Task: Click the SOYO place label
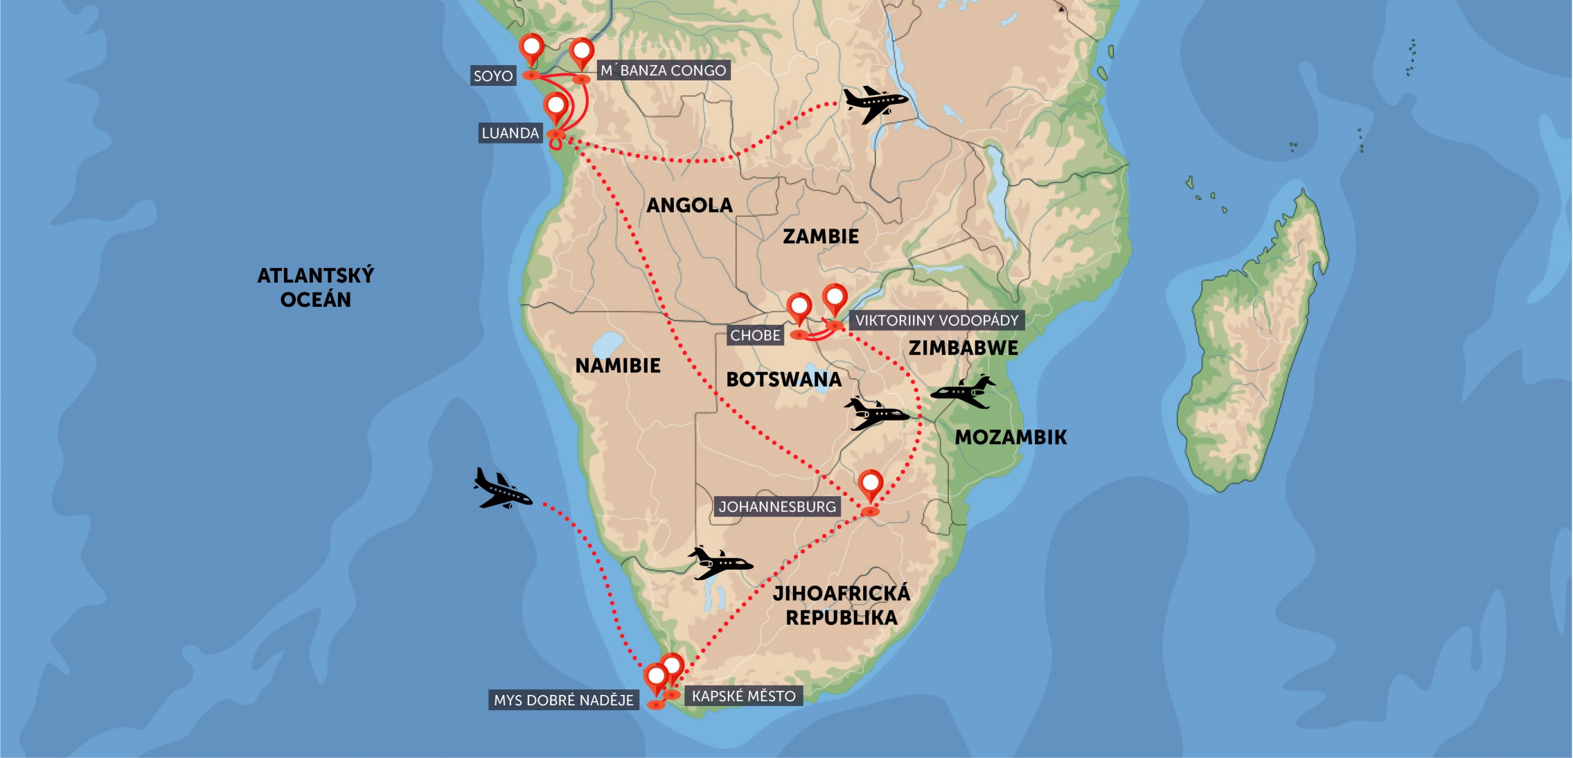[492, 76]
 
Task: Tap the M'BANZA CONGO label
[663, 70]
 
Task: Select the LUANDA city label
[510, 133]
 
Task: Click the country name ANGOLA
[689, 205]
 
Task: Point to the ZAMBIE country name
[820, 236]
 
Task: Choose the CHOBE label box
[755, 335]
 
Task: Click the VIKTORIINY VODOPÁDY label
[936, 320]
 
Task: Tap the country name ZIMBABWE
[963, 348]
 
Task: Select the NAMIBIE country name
[618, 365]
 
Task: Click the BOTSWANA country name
[783, 379]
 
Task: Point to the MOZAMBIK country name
[1011, 437]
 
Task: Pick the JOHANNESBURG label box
[777, 506]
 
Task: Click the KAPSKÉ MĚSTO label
[743, 696]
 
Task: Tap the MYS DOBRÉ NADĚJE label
[563, 700]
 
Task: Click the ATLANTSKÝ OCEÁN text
[315, 288]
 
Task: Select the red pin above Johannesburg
[870, 484]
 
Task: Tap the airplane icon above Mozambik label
[963, 391]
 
